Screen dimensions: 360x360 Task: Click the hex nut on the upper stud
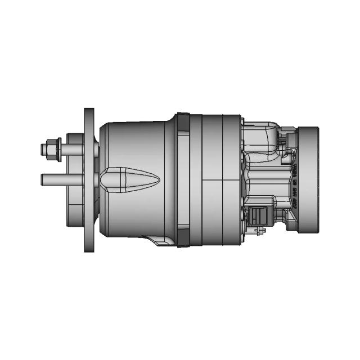[52, 149]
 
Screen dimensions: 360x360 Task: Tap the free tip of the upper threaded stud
[43, 150]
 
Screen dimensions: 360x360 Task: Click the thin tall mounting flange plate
[89, 180]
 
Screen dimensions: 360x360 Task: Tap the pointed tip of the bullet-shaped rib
[159, 180]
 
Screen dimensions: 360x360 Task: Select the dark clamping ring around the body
[182, 180]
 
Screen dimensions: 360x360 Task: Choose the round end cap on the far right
[309, 180]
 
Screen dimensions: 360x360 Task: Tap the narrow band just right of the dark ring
[195, 180]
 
